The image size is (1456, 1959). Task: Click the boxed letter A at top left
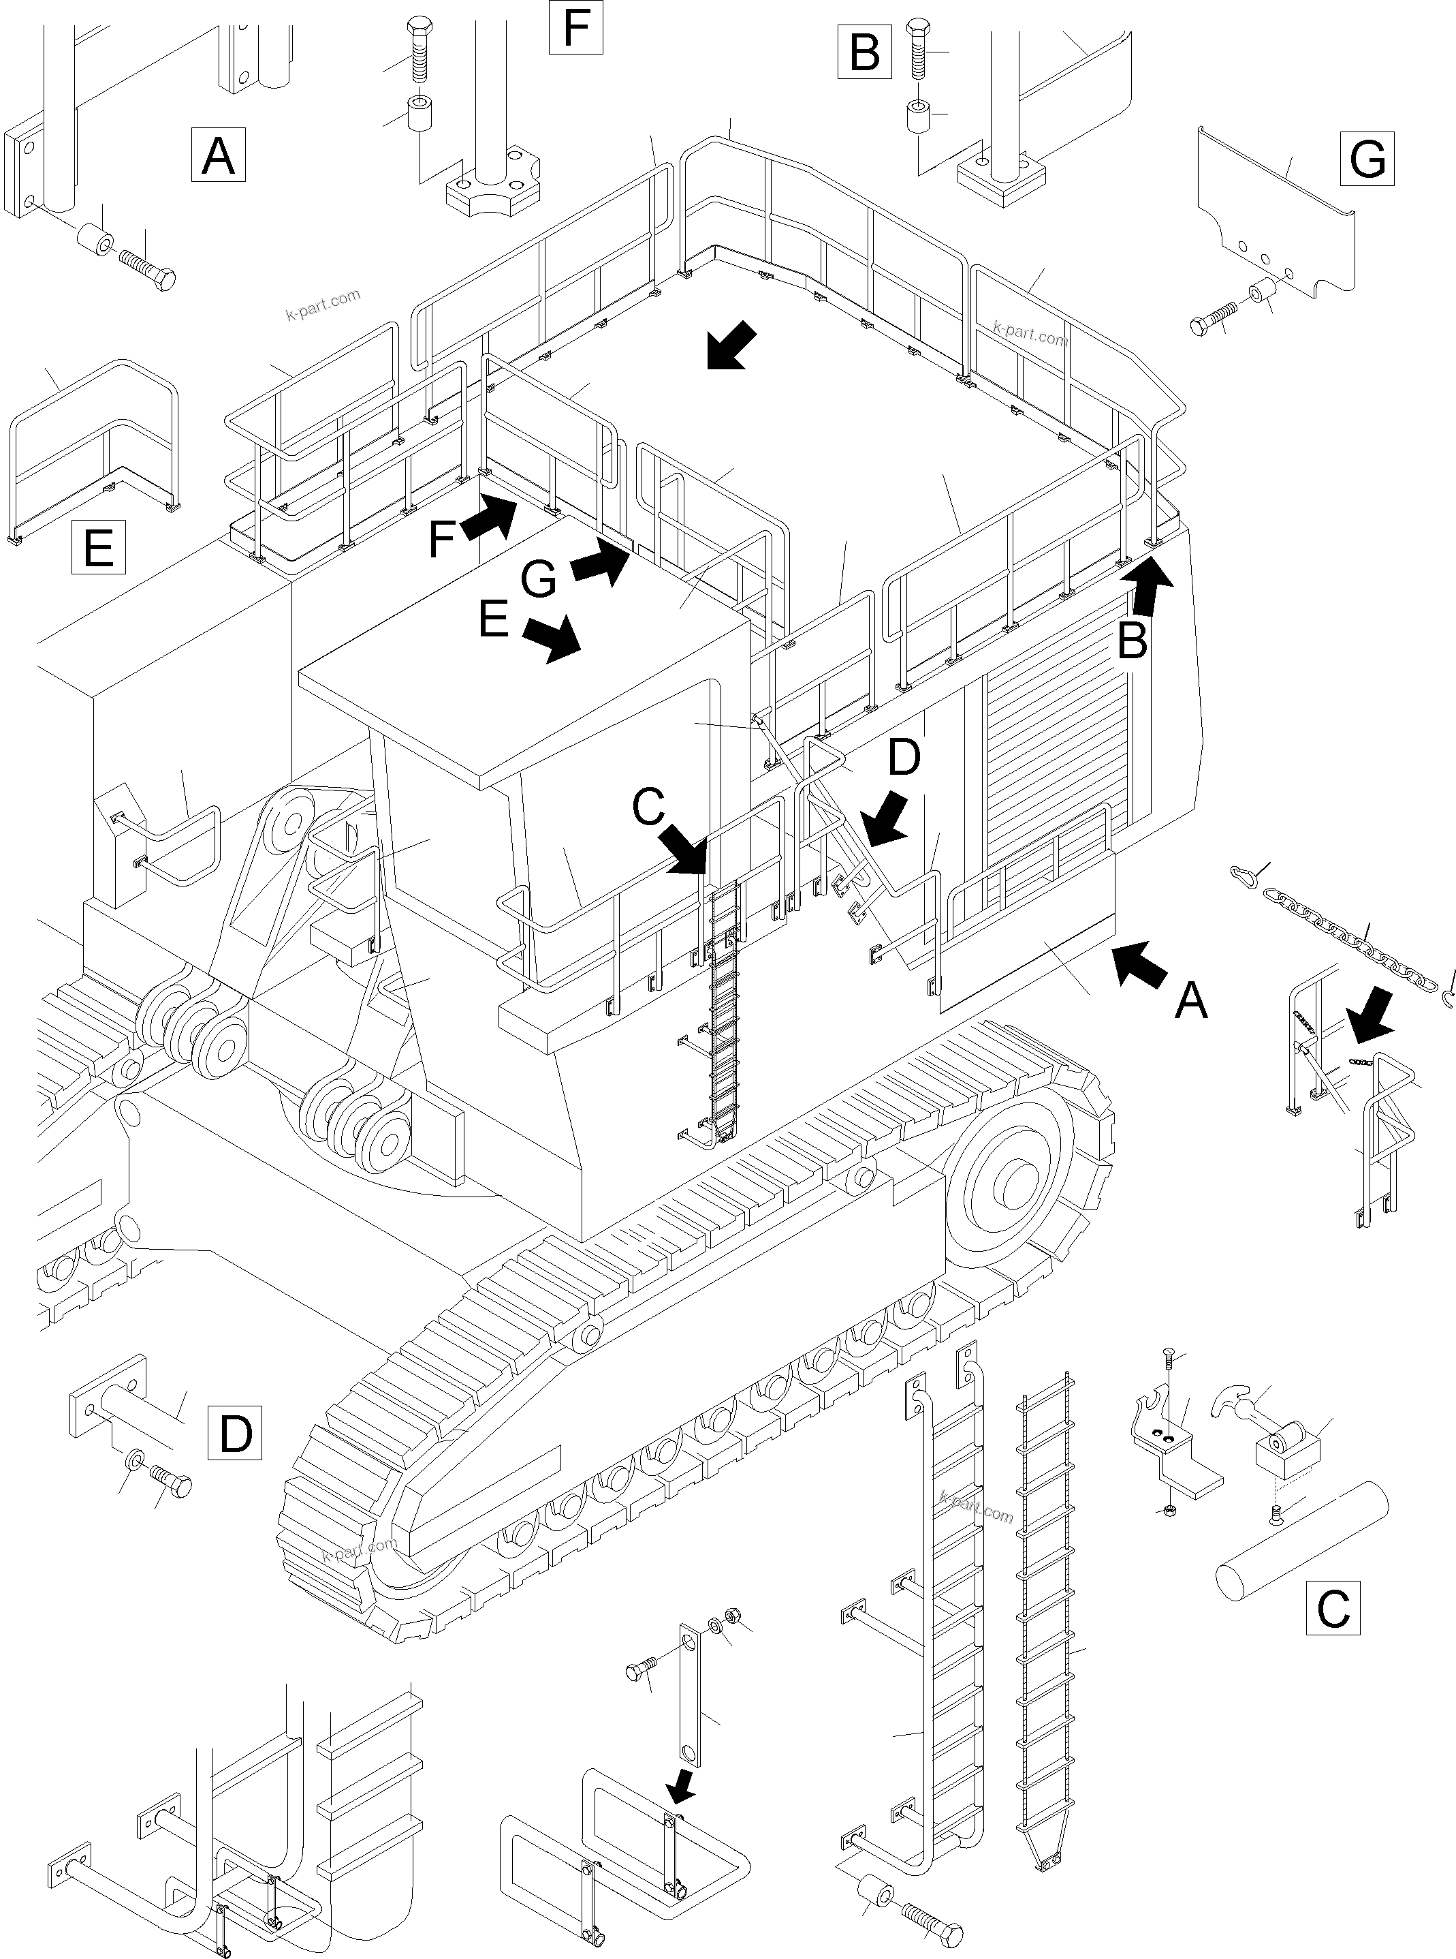pos(218,155)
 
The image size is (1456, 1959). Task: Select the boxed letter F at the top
pos(575,27)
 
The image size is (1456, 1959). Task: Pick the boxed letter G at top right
pos(1367,159)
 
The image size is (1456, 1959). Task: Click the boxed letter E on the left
pos(98,547)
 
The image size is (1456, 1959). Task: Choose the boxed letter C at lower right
pos(1332,1608)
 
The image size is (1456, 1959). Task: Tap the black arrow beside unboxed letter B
pos(1150,586)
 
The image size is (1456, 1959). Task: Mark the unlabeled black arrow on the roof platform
pos(731,345)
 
